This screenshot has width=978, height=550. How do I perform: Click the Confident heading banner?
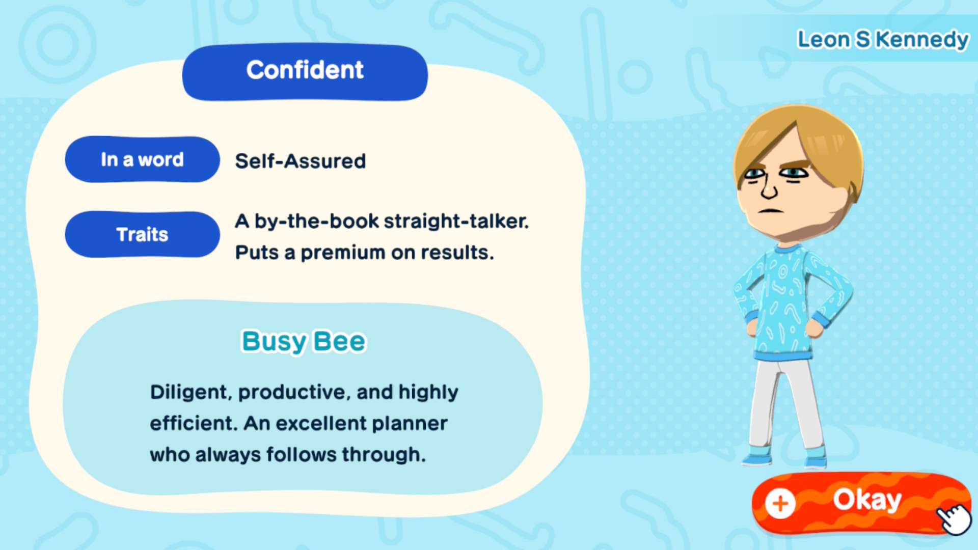pos(305,71)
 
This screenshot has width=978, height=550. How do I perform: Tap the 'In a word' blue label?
pos(142,159)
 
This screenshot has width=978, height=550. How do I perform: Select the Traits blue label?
pos(142,234)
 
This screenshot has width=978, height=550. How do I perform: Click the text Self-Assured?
pos(300,161)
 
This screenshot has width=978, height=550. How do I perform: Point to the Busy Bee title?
pos(304,341)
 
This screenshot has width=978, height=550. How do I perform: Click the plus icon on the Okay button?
pos(780,504)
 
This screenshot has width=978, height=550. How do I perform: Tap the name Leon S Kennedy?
pos(882,39)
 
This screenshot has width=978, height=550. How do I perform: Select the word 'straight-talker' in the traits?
pos(456,222)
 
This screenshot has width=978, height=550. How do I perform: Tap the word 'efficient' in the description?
pos(194,423)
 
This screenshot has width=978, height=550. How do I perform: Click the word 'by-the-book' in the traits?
pos(316,222)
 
